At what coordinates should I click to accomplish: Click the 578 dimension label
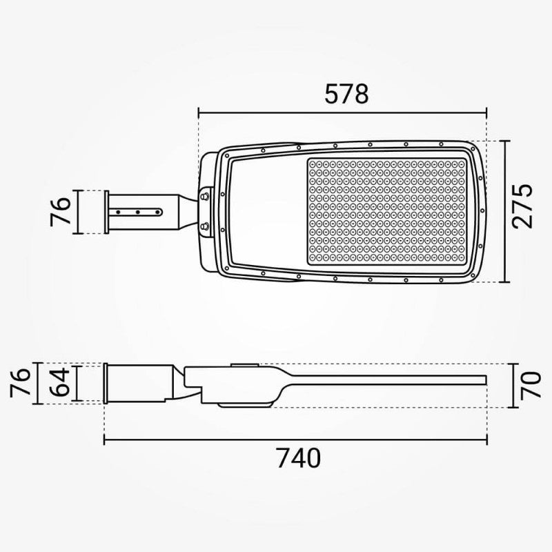point(346,94)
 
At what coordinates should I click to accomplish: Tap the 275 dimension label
point(522,206)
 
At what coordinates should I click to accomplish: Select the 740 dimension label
point(298,458)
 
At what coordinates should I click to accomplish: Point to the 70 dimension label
point(531,385)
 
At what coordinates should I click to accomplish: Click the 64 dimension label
point(59,382)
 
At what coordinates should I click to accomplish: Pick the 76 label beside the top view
point(60,212)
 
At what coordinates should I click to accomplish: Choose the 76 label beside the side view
point(20,383)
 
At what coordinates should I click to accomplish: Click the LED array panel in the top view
point(387,211)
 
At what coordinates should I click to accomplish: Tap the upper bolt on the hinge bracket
point(204,196)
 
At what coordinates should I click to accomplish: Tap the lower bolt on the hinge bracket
point(204,226)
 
